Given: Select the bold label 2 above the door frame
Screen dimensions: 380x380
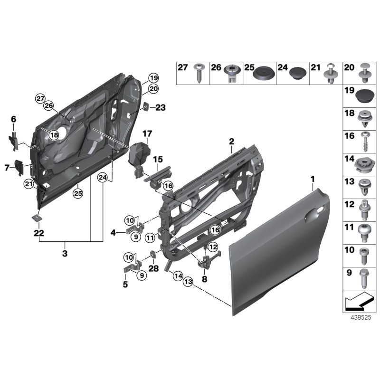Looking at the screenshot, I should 231,141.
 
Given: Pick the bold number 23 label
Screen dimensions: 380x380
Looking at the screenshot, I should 160,108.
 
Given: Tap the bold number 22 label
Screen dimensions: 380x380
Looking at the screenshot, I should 38,232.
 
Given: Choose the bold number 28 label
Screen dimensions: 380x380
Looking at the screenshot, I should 152,269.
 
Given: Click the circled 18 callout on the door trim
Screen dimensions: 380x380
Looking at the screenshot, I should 54,135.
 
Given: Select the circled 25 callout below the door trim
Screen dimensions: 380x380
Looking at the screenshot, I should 77,193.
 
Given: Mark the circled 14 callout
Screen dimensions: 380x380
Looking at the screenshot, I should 177,275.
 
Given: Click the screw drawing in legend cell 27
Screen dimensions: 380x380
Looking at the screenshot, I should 198,73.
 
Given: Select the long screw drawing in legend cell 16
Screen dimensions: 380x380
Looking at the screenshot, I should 365,142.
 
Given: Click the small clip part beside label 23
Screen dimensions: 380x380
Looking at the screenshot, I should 146,107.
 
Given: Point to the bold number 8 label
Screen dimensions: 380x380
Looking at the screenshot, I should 205,279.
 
